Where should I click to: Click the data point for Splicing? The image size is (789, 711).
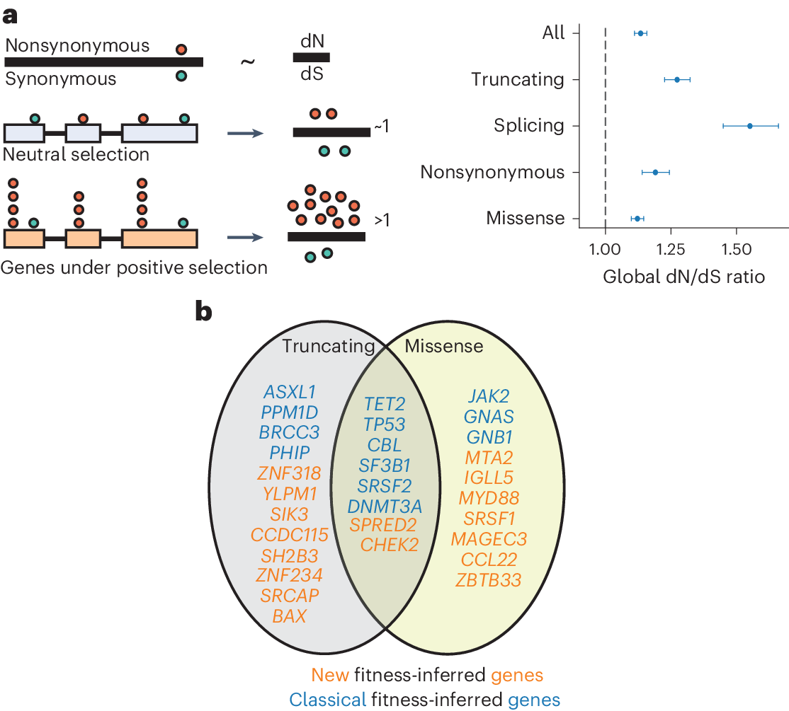point(749,126)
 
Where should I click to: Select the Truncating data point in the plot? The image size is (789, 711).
point(677,80)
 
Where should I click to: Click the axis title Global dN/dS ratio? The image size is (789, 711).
point(683,277)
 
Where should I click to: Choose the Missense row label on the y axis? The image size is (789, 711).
point(525,219)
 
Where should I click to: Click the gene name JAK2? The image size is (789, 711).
point(489,396)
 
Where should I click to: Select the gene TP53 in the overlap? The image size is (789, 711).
point(385,424)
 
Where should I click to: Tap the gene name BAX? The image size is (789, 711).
point(289,615)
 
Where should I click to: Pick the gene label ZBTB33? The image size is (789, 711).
point(489,580)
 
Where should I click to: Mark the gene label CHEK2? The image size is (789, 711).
point(389,544)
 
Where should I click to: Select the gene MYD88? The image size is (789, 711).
point(489,498)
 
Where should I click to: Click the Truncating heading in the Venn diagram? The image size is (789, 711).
point(328,346)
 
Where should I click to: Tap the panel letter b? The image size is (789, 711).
point(203,312)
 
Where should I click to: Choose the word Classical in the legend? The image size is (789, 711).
point(327,700)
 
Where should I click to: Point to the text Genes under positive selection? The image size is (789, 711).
point(135,267)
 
